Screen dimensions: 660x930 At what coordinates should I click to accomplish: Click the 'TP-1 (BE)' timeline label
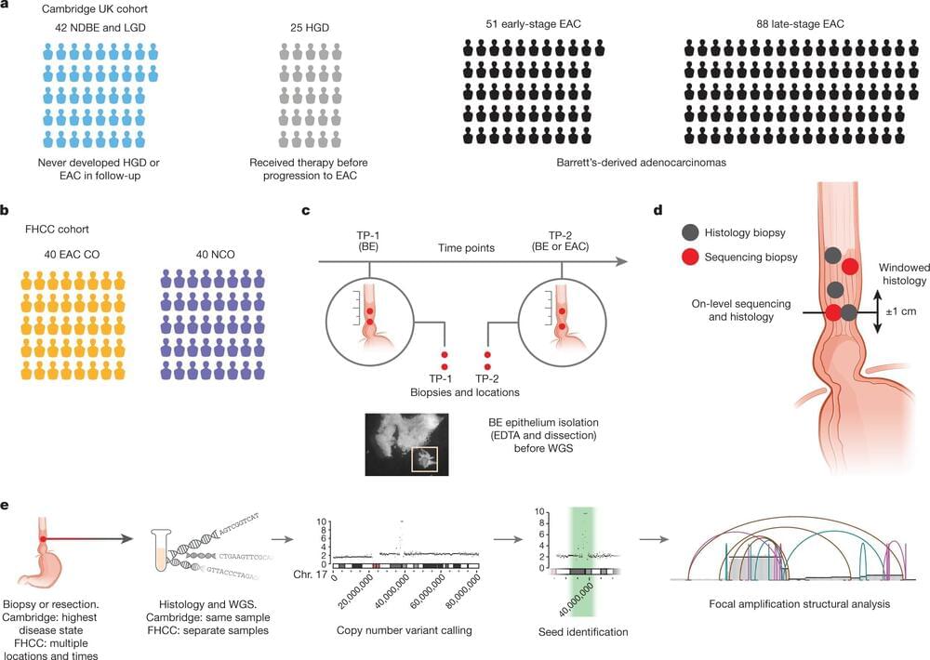pos(369,239)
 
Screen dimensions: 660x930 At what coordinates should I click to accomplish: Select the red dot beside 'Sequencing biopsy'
pos(689,257)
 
